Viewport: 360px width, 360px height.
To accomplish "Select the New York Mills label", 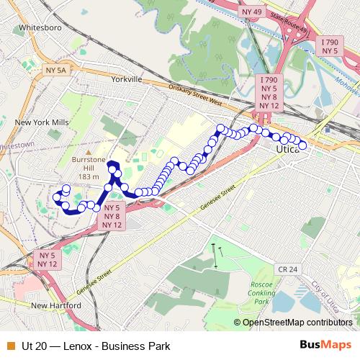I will coord(42,122).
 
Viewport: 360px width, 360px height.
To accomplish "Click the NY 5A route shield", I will coord(55,70).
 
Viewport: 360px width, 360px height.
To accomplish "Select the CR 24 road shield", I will coord(286,269).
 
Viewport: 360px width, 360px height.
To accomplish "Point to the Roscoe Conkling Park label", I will coord(260,292).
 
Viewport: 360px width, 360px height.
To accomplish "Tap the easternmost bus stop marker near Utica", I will coord(303,145).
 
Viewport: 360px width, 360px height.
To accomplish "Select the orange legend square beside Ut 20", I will coord(9,346).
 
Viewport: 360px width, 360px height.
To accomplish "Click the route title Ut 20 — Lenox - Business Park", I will coord(96,346).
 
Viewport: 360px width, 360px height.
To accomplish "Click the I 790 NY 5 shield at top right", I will coord(329,46).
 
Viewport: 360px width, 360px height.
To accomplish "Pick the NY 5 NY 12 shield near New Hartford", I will coord(48,260).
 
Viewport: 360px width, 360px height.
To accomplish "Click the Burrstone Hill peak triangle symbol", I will coord(88,154).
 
